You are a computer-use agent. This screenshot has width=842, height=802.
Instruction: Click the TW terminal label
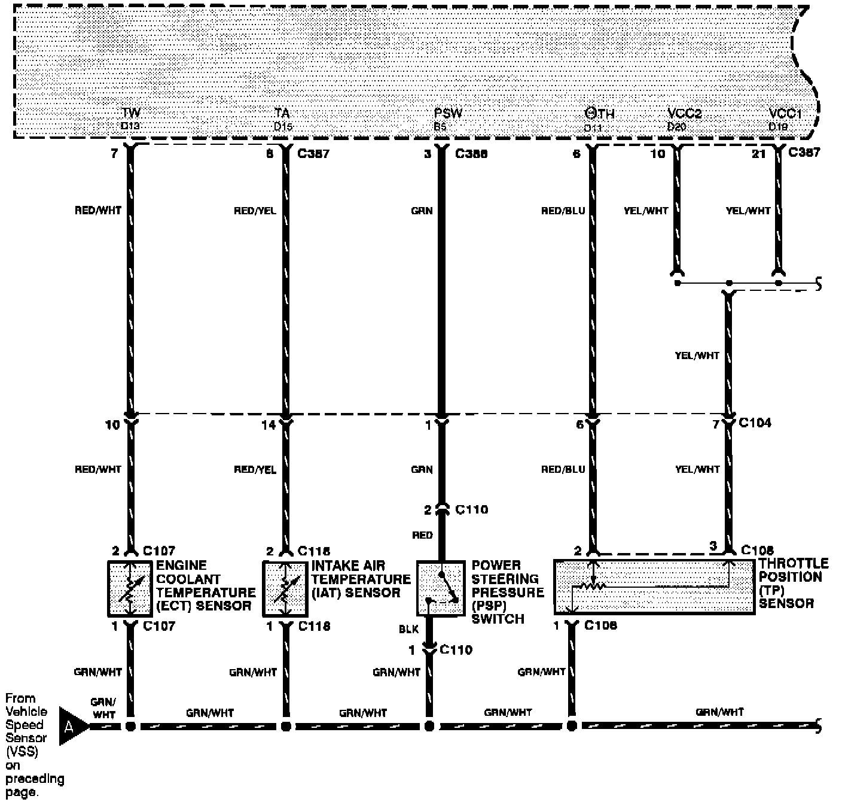[131, 113]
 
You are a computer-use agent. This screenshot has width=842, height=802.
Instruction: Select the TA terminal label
[282, 113]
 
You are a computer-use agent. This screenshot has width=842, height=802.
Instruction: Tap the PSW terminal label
[448, 113]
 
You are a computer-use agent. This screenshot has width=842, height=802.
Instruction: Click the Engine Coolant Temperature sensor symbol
[130, 589]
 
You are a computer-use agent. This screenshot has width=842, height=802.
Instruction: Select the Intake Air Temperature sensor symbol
[286, 589]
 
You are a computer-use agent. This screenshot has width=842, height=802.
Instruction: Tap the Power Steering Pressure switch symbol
[441, 588]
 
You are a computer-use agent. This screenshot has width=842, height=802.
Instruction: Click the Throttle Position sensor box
[653, 587]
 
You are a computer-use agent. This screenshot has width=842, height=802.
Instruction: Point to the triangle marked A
[71, 726]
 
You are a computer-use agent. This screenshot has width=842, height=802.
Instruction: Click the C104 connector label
[755, 423]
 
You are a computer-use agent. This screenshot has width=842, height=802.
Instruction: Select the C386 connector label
[471, 154]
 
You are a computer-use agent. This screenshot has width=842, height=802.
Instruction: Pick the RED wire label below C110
[422, 535]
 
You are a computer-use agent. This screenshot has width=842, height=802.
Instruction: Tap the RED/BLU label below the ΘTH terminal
[563, 211]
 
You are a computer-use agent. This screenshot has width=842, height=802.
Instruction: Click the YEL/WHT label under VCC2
[646, 211]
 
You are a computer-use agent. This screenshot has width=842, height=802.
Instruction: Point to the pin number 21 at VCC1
[758, 154]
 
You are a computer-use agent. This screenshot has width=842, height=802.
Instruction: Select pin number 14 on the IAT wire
[269, 425]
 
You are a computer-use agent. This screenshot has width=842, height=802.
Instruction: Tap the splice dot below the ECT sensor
[130, 727]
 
